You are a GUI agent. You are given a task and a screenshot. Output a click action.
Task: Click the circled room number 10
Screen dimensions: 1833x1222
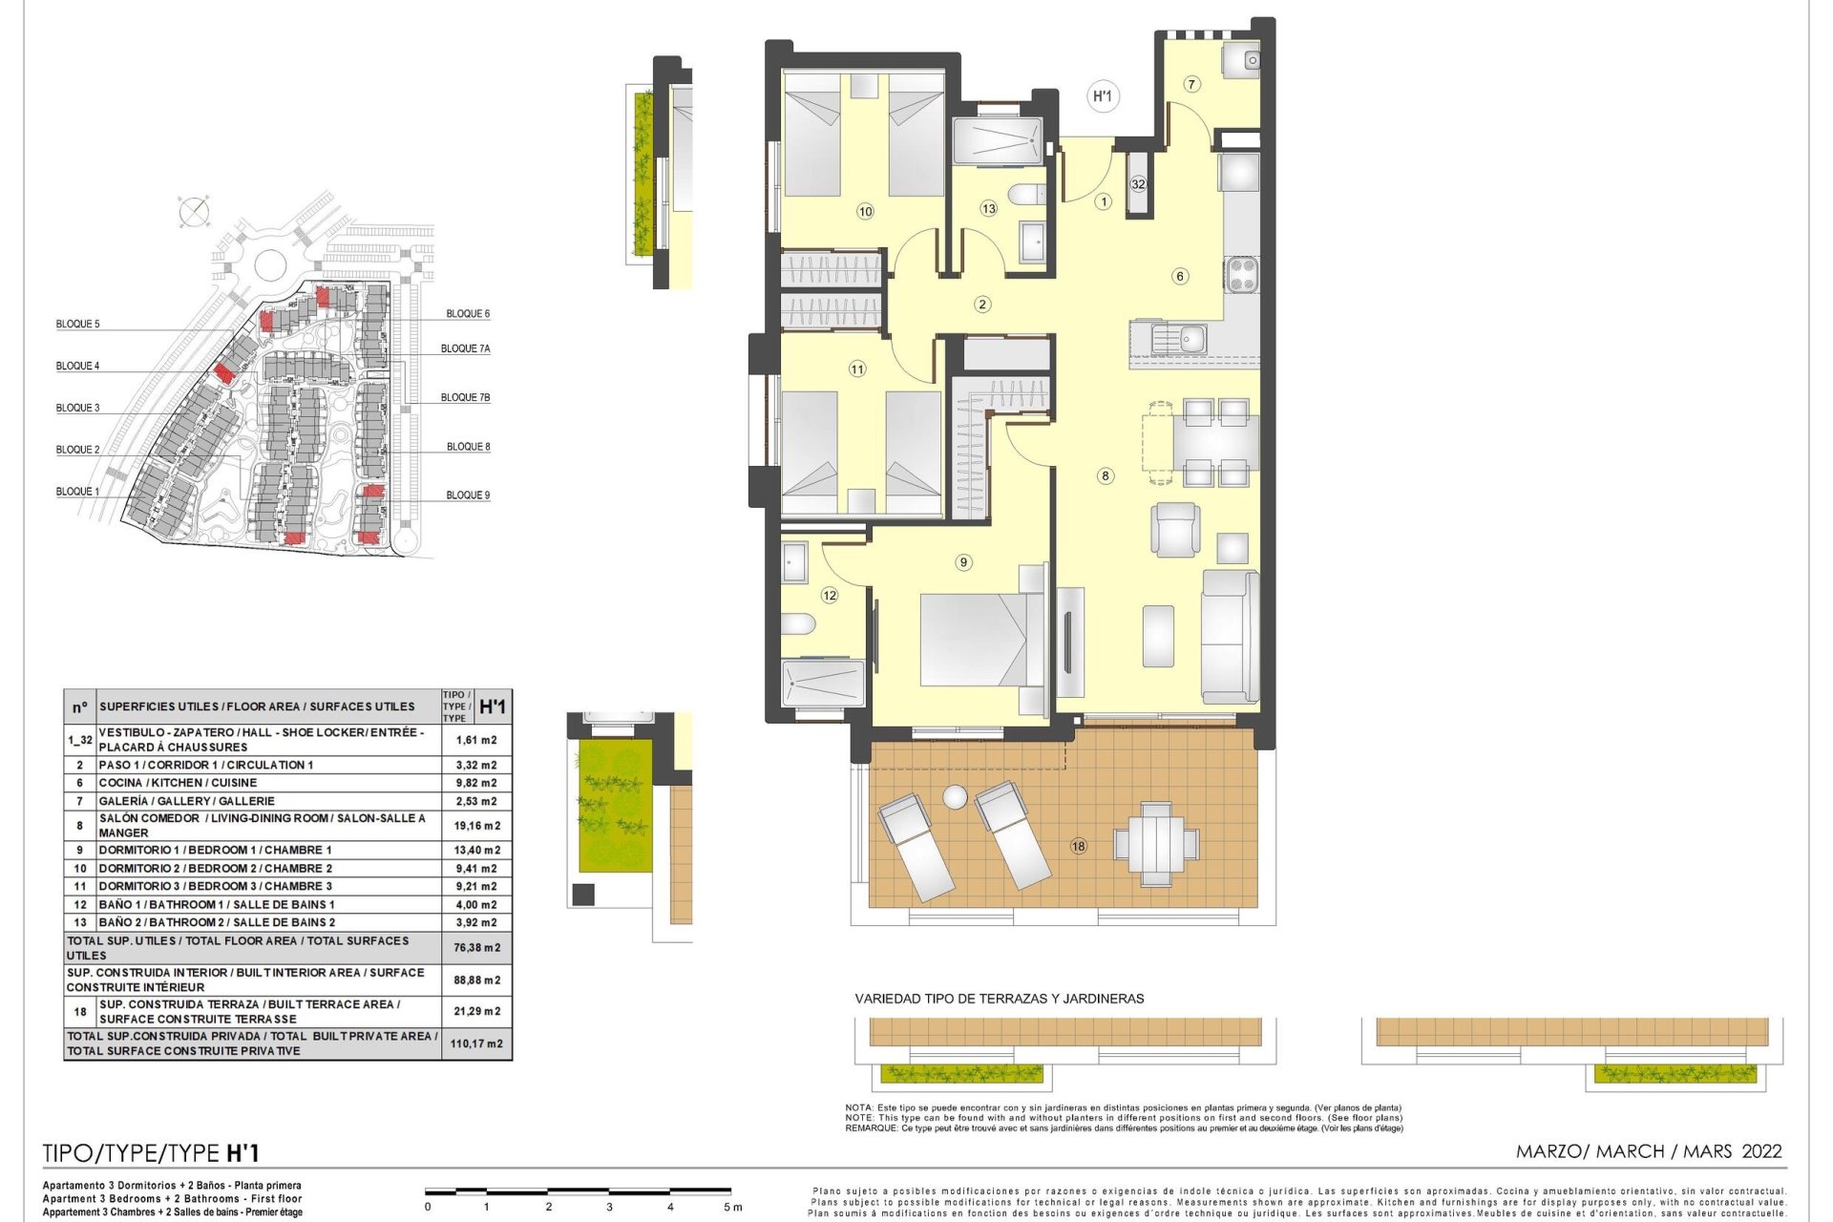pyautogui.click(x=865, y=212)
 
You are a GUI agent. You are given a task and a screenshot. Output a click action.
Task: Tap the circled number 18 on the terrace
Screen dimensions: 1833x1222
pyautogui.click(x=1079, y=846)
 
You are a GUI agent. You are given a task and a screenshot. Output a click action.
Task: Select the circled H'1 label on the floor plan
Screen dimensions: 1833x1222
pyautogui.click(x=1103, y=95)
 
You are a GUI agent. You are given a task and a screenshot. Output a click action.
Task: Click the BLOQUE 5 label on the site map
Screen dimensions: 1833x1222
pyautogui.click(x=77, y=324)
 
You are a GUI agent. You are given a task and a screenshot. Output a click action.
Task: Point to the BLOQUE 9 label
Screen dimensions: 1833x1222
pyautogui.click(x=468, y=495)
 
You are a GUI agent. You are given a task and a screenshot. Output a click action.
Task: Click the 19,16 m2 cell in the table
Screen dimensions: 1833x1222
pyautogui.click(x=477, y=826)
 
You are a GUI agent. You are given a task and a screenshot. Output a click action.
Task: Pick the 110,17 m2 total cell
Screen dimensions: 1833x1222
pyautogui.click(x=476, y=1043)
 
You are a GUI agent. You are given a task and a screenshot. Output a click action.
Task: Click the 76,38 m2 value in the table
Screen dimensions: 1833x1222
pyautogui.click(x=476, y=948)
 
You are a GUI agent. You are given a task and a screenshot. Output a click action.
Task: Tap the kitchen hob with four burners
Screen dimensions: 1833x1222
pyautogui.click(x=1242, y=275)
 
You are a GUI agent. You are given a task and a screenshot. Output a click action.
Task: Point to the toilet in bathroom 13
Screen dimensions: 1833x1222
pyautogui.click(x=1027, y=195)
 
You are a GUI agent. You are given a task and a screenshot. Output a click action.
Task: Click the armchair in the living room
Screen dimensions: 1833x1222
pyautogui.click(x=1175, y=530)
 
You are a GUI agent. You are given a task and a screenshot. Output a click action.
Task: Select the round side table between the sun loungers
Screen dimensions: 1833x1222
pyautogui.click(x=955, y=797)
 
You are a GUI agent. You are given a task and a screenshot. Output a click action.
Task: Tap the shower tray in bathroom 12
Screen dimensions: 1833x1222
pyautogui.click(x=822, y=685)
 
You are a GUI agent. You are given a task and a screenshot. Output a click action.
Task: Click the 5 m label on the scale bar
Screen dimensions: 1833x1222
pyautogui.click(x=732, y=1208)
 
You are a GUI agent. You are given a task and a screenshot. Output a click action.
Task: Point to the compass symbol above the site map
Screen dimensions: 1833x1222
pyautogui.click(x=194, y=212)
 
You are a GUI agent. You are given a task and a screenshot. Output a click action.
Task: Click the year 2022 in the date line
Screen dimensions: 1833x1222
pyautogui.click(x=1761, y=1151)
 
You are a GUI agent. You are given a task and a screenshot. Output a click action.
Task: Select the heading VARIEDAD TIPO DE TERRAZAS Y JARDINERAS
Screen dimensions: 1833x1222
pyautogui.click(x=1000, y=999)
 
